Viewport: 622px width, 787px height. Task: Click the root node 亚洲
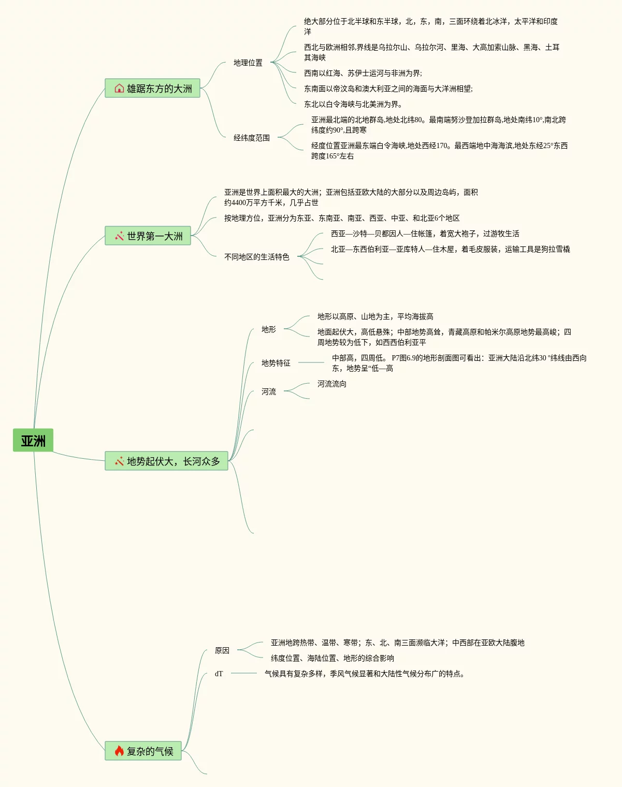pos(33,440)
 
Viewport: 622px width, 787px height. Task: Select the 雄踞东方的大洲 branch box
pos(152,88)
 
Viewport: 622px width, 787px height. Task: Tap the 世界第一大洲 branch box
pos(148,236)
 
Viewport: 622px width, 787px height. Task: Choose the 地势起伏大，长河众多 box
pos(166,461)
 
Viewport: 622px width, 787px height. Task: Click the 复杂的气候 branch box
pos(143,751)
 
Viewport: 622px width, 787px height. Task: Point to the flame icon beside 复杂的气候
pos(119,751)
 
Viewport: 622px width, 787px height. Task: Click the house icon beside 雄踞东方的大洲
pos(119,89)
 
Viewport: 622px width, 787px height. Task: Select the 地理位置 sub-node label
pos(248,63)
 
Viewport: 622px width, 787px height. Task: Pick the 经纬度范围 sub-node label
pos(252,138)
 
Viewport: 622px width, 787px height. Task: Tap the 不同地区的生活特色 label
pos(257,257)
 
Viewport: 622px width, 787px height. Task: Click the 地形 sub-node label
pos(269,329)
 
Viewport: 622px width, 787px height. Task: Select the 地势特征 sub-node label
pos(276,363)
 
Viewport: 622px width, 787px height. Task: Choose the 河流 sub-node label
pos(269,391)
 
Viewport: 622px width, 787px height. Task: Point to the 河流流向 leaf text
pos(332,384)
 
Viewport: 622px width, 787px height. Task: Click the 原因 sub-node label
pos(222,650)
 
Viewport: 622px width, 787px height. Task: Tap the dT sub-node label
pos(219,674)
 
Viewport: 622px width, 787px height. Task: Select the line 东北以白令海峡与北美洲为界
pos(353,104)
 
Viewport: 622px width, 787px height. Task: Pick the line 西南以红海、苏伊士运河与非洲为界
pos(363,73)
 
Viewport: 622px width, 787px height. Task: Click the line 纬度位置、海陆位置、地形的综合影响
pos(332,658)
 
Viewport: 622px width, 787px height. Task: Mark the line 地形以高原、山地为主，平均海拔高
pos(375,316)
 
